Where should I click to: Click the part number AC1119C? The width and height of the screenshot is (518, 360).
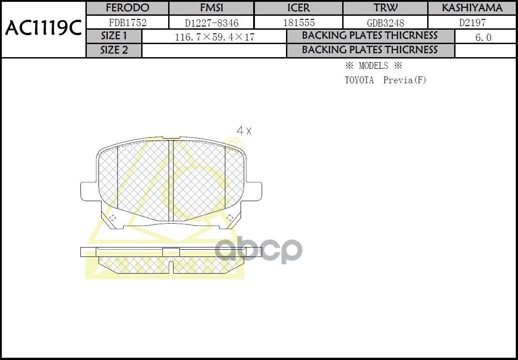[x=43, y=29]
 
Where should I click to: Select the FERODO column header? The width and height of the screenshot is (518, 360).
[x=127, y=8]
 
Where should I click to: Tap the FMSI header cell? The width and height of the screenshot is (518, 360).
[x=211, y=8]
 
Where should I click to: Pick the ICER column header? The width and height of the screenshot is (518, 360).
[x=299, y=8]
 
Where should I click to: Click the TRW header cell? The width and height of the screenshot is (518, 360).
[x=385, y=8]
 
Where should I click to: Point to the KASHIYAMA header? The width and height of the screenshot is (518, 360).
[x=472, y=8]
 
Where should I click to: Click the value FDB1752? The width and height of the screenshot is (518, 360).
[x=128, y=22]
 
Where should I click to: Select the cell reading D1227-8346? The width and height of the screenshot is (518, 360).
[x=212, y=23]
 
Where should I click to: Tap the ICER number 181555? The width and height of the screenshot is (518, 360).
[x=299, y=23]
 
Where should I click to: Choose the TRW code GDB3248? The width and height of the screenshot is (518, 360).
[x=385, y=23]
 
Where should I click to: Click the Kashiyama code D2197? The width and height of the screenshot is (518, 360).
[x=472, y=22]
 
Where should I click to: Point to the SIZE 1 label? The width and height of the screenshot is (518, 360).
[x=114, y=36]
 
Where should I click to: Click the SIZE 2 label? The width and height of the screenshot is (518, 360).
[x=114, y=50]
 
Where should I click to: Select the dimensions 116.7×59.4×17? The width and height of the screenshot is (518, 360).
[x=214, y=37]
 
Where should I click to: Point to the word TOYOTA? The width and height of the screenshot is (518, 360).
[x=359, y=80]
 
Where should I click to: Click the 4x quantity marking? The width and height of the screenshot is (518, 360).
[x=244, y=131]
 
